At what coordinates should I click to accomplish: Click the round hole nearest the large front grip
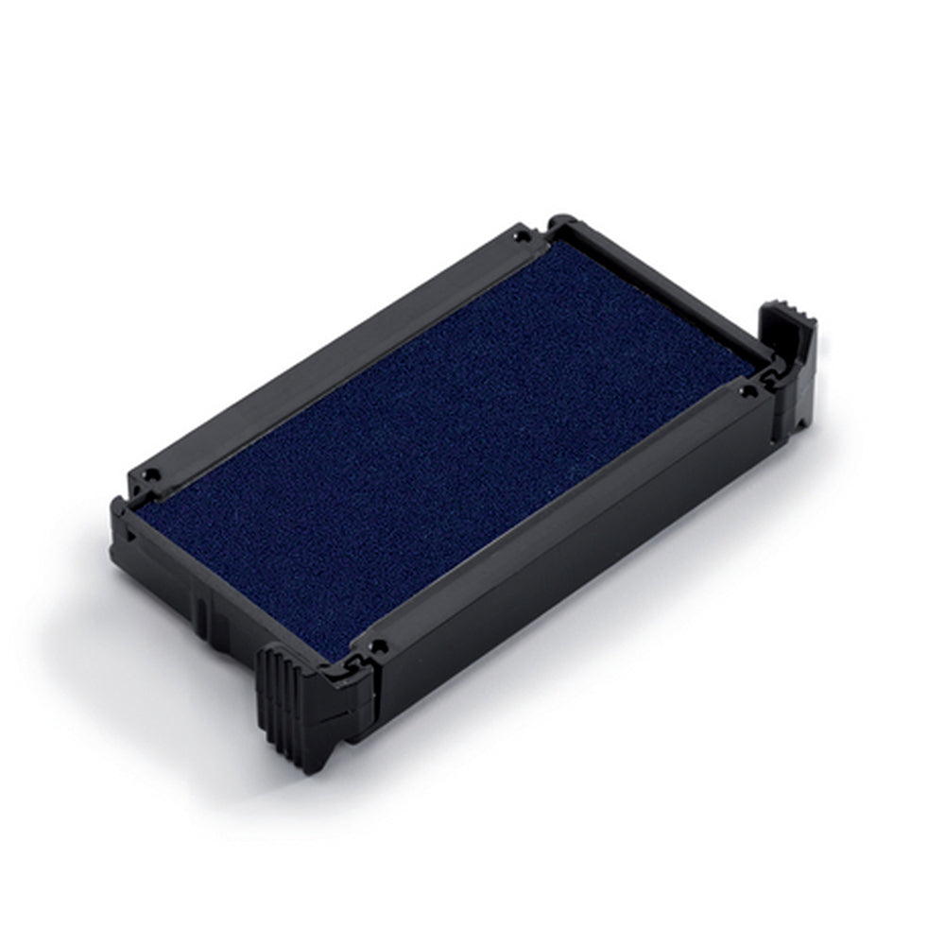point(379,647)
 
